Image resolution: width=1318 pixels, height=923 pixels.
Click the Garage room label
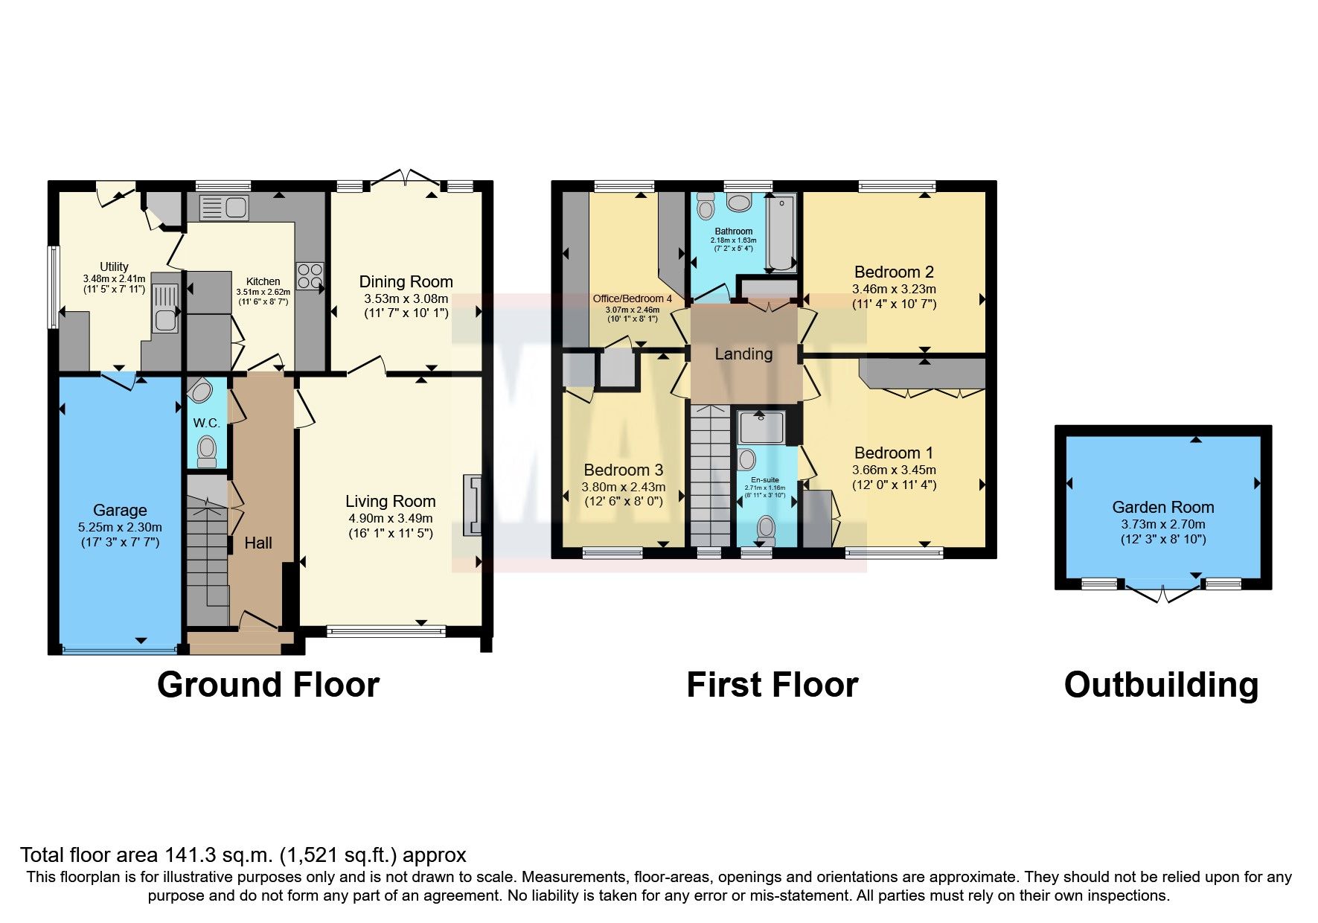tap(120, 511)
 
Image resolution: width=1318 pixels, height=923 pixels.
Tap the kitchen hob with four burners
tap(310, 276)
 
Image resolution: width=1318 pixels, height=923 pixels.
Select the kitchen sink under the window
tap(225, 208)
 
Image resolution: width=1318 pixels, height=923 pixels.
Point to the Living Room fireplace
tap(473, 505)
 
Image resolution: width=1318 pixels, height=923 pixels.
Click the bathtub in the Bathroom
tap(781, 231)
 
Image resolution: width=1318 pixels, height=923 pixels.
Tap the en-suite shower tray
tap(761, 427)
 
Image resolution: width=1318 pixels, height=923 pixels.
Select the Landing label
tap(743, 354)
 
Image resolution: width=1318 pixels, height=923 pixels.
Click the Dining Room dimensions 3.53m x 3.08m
tap(406, 298)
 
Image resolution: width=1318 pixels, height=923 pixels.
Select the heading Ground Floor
tap(268, 685)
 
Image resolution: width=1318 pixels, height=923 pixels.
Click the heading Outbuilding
tap(1161, 685)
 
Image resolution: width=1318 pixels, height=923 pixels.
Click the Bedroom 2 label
tap(894, 272)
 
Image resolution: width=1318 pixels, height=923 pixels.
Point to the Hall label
tap(258, 543)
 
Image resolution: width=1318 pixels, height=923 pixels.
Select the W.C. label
tap(206, 423)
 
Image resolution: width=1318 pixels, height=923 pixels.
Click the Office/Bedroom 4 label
tap(632, 298)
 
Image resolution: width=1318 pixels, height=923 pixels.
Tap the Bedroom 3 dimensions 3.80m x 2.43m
tap(624, 487)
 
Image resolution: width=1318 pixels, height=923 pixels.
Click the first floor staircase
tap(711, 476)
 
